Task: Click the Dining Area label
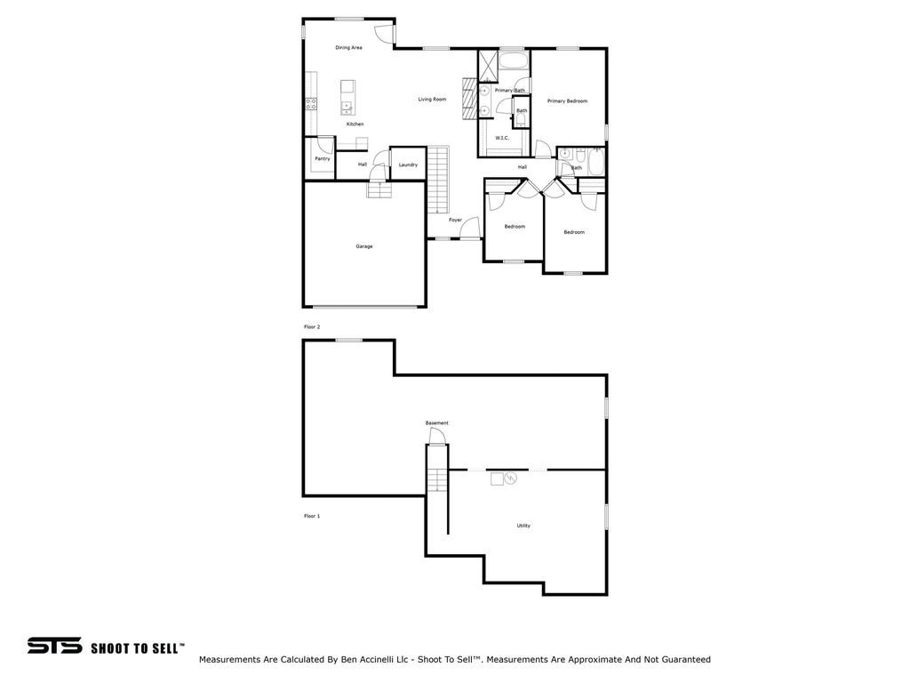pyautogui.click(x=348, y=47)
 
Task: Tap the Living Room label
pyautogui.click(x=432, y=100)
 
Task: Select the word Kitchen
pyautogui.click(x=355, y=124)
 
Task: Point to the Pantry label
pyautogui.click(x=322, y=158)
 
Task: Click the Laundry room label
pyautogui.click(x=408, y=165)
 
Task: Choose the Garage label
pyautogui.click(x=364, y=245)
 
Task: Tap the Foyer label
pyautogui.click(x=455, y=220)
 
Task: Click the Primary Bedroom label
pyautogui.click(x=567, y=101)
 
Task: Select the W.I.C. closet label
pyautogui.click(x=501, y=138)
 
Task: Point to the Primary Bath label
pyautogui.click(x=509, y=91)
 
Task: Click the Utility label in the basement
pyautogui.click(x=523, y=526)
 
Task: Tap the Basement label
pyautogui.click(x=436, y=422)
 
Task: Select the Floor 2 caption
pyautogui.click(x=312, y=327)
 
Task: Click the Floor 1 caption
pyautogui.click(x=312, y=516)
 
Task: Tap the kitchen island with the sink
pyautogui.click(x=347, y=98)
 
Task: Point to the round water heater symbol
pyautogui.click(x=510, y=478)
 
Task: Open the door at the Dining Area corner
pyautogui.click(x=384, y=33)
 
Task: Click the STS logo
pyautogui.click(x=54, y=647)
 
